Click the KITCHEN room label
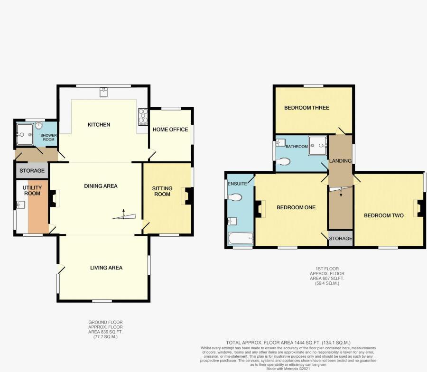(99, 125)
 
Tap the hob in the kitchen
(143, 117)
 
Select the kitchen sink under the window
(103, 93)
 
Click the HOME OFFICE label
(170, 130)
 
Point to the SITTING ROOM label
(162, 191)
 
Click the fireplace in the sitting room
(187, 196)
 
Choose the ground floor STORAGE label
(32, 171)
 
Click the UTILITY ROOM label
(32, 190)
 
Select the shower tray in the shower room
(25, 134)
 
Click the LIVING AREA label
(106, 268)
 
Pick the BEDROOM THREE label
(306, 108)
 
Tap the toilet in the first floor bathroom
(283, 161)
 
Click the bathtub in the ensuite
(240, 239)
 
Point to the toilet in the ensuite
(234, 197)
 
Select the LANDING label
(340, 161)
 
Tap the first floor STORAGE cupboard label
(340, 239)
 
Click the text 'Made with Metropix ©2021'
(288, 369)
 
